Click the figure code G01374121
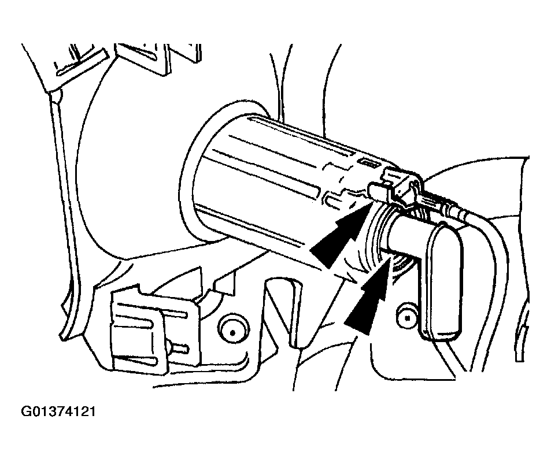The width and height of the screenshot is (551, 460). (x=58, y=411)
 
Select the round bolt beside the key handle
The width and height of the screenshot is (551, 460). (x=408, y=318)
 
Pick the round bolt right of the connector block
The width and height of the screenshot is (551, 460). (x=232, y=332)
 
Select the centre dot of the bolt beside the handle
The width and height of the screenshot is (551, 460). (x=408, y=318)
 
